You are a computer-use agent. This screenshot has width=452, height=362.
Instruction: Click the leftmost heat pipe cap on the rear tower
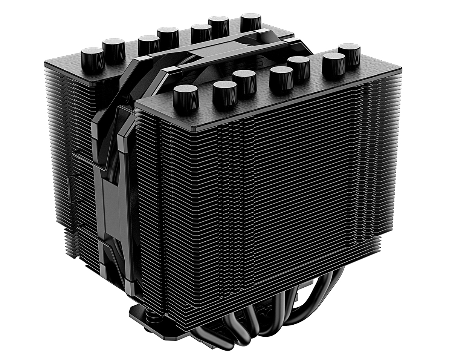click(x=92, y=60)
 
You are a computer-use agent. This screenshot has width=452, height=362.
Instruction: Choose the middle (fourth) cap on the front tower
click(x=281, y=78)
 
